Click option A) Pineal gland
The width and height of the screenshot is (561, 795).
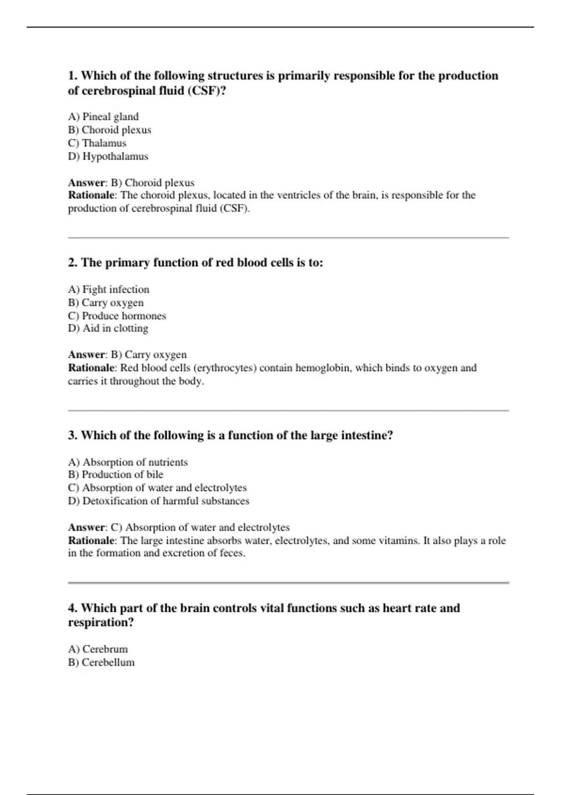pos(103,116)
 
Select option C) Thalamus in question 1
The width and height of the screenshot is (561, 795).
pos(97,143)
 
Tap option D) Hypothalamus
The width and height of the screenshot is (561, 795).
pos(108,156)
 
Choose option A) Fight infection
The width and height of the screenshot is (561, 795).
pos(108,289)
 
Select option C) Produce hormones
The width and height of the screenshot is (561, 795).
pos(117,316)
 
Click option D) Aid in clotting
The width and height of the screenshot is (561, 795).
pos(108,328)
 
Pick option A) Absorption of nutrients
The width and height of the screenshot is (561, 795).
pos(128,462)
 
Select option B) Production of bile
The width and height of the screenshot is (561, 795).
pos(115,475)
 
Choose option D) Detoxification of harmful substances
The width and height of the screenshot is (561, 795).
pos(158,501)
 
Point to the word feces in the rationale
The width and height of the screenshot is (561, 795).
pos(232,553)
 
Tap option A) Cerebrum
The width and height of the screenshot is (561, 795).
pos(98,649)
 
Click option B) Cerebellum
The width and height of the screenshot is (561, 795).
pos(101,662)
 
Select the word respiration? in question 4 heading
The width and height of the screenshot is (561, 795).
pos(101,622)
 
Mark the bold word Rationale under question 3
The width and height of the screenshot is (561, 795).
pos(92,541)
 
